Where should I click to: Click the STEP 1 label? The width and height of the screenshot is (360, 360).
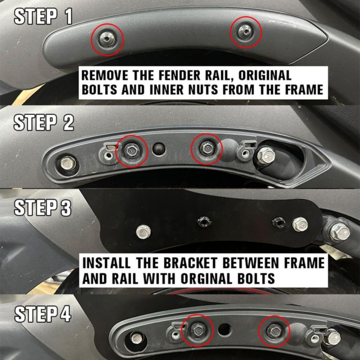[x=43, y=17]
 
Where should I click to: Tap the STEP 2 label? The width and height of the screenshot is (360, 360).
[x=44, y=122]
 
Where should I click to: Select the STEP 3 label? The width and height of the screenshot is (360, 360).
[x=43, y=207]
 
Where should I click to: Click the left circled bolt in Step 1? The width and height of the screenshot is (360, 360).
[x=108, y=39]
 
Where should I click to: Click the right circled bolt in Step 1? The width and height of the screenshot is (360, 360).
[x=245, y=31]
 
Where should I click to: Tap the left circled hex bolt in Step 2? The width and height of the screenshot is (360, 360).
[x=131, y=151]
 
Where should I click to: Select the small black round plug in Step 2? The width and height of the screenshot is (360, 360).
[x=159, y=148]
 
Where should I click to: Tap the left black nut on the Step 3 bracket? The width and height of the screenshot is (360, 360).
[x=204, y=222]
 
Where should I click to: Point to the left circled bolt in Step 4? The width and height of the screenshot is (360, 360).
[x=198, y=330]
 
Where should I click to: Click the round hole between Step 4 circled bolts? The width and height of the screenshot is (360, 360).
[x=225, y=330]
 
